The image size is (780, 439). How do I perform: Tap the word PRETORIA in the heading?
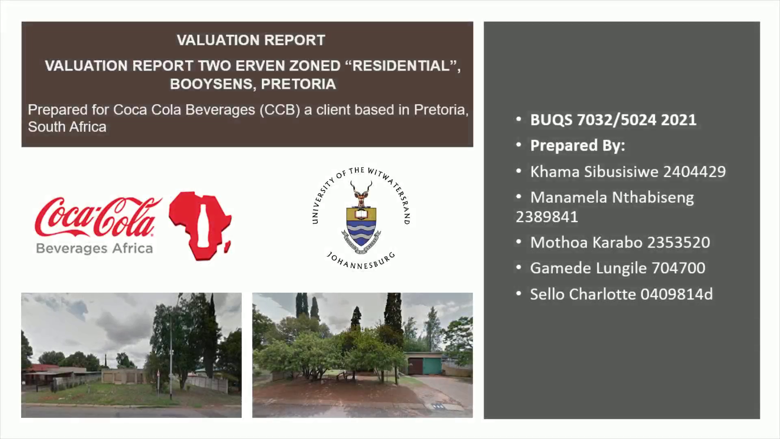[299, 84]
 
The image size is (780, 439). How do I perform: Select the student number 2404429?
[694, 172]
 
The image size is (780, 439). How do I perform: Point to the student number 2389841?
[547, 217]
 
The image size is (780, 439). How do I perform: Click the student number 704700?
[678, 268]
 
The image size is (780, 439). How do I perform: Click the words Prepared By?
[577, 146]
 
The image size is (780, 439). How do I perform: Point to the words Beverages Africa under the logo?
[94, 248]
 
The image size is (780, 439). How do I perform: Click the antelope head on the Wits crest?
[361, 194]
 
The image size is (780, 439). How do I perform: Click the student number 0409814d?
[676, 294]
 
